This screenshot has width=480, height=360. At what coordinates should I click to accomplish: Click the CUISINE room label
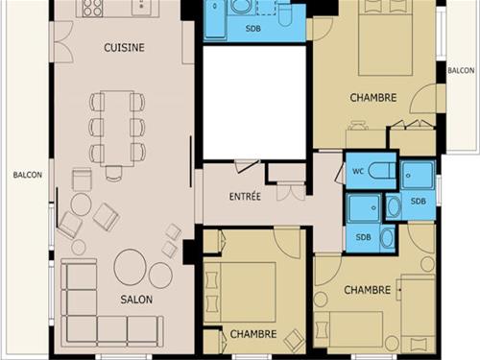tap(124, 48)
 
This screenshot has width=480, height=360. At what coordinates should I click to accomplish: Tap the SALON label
tap(136, 300)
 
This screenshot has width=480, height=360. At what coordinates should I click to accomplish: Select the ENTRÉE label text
tap(245, 196)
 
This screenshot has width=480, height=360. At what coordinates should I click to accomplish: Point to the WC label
tap(358, 172)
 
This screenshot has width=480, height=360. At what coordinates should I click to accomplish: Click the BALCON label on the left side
tap(28, 175)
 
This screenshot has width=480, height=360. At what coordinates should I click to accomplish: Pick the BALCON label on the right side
tap(461, 70)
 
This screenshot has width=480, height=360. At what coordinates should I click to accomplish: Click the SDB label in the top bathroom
tap(253, 29)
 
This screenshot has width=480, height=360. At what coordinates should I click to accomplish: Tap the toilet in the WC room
tap(382, 171)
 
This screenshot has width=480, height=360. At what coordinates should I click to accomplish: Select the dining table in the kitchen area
tap(117, 129)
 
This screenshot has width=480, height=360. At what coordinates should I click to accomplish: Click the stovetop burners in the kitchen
tap(92, 8)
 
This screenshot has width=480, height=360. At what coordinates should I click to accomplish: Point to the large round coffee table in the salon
tap(131, 267)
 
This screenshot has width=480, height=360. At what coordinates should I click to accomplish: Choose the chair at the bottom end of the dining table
tap(113, 174)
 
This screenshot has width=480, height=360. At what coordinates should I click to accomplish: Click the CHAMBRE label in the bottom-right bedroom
tap(367, 290)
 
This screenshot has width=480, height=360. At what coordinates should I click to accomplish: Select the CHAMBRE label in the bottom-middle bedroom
tap(253, 334)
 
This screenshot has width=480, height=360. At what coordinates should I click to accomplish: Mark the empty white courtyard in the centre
tap(254, 103)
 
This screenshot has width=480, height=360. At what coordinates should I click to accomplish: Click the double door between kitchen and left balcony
tap(63, 41)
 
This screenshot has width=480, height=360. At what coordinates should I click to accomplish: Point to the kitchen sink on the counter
tap(141, 7)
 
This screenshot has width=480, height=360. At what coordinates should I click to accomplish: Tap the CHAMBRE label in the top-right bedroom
tap(373, 98)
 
